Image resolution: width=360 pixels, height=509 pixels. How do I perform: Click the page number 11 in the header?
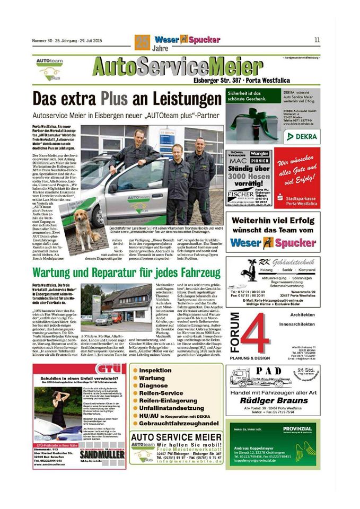pyautogui.click(x=317, y=39)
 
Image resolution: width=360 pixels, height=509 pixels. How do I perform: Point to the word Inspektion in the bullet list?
pyautogui.click(x=155, y=370)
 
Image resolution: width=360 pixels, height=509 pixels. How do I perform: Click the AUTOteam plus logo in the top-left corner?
pyautogui.click(x=50, y=68)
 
